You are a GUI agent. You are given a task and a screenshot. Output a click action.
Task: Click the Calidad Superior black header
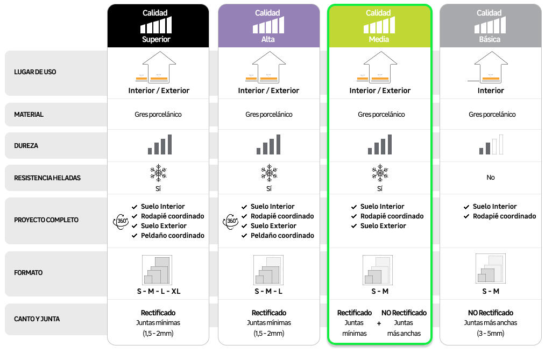(x=158, y=26)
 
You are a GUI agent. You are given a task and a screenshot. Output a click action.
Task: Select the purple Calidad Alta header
(x=268, y=26)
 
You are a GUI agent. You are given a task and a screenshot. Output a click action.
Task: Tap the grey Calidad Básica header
(x=491, y=26)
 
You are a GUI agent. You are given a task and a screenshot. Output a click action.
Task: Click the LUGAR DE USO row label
(x=35, y=72)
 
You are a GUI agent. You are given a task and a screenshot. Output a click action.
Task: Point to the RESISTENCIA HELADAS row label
(x=47, y=178)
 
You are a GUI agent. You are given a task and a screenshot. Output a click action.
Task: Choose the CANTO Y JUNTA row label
(x=37, y=319)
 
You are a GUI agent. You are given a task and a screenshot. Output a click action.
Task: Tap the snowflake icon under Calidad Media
(x=380, y=173)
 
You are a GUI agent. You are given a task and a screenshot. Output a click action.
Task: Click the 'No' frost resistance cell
(x=491, y=178)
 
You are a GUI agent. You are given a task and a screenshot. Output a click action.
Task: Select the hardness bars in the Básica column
(x=491, y=144)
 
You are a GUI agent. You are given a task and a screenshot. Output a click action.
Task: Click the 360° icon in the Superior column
(x=121, y=221)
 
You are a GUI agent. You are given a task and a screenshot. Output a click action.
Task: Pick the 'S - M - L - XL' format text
(x=159, y=291)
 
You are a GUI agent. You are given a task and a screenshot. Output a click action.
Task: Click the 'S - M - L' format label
(x=268, y=291)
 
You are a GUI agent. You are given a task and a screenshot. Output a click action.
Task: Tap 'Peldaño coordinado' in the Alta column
(x=282, y=236)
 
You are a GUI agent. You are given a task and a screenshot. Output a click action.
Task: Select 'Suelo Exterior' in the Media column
(x=383, y=226)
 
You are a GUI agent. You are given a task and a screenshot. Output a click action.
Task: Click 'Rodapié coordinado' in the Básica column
(x=504, y=216)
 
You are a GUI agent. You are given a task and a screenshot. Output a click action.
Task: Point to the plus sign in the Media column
(x=379, y=323)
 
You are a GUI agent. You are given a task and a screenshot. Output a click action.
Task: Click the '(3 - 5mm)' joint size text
(x=491, y=334)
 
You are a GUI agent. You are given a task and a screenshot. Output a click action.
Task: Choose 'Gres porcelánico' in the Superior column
(x=158, y=114)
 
